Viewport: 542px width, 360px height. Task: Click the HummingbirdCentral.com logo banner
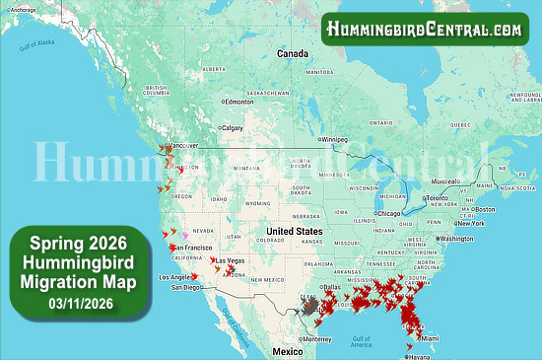coord(426,29)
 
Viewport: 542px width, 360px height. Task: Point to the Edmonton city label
coord(239,102)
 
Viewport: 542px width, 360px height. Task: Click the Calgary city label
coord(234,127)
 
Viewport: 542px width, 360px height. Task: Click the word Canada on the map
coord(293,53)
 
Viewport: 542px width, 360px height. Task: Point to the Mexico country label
coord(288,351)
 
